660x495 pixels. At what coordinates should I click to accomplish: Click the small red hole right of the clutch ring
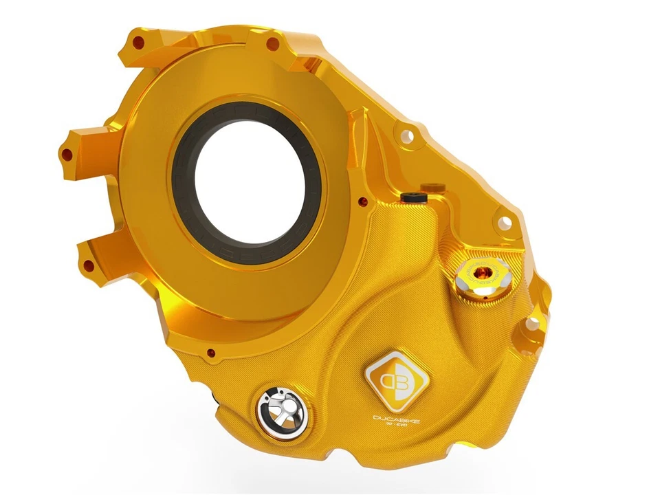point(362,201)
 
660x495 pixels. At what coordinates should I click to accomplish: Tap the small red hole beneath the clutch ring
point(210,353)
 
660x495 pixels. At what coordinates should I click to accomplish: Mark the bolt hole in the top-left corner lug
point(139,42)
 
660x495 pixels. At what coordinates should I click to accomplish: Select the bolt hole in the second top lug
point(272,45)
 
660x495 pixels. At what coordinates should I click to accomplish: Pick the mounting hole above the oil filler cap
point(504,222)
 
